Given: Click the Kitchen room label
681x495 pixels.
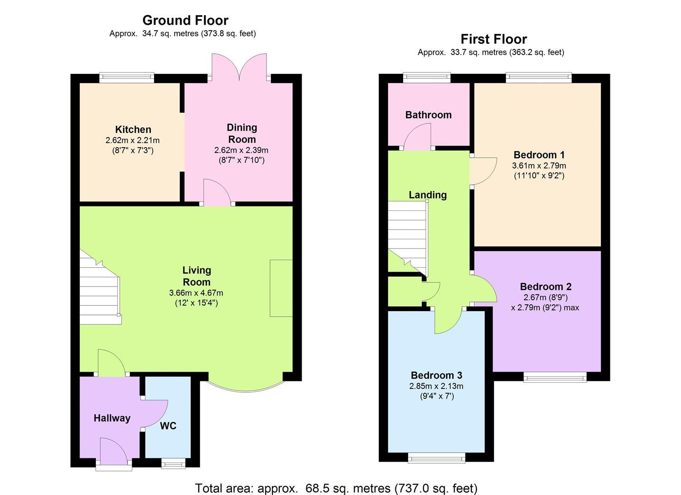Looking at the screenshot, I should pyautogui.click(x=133, y=130).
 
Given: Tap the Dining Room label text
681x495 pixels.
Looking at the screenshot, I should pyautogui.click(x=242, y=133).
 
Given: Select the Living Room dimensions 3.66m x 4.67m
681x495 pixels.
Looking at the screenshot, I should pyautogui.click(x=196, y=293).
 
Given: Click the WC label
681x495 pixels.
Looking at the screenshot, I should pyautogui.click(x=168, y=426).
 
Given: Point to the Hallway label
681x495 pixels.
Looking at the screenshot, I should pyautogui.click(x=112, y=418).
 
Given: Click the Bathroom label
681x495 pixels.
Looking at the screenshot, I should pyautogui.click(x=428, y=115).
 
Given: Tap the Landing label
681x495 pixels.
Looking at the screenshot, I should pyautogui.click(x=427, y=195).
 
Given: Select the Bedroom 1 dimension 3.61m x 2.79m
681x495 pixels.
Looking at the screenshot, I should pyautogui.click(x=539, y=165).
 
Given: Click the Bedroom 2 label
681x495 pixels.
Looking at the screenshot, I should pyautogui.click(x=545, y=286).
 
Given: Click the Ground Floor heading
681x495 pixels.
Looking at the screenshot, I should pyautogui.click(x=185, y=20).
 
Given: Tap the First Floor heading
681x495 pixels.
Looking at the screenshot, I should pyautogui.click(x=493, y=39).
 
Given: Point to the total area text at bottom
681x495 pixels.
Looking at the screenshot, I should pyautogui.click(x=336, y=488).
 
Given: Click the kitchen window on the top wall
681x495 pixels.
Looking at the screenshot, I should pyautogui.click(x=127, y=77).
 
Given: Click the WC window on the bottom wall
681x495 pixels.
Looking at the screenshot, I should pyautogui.click(x=174, y=464).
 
